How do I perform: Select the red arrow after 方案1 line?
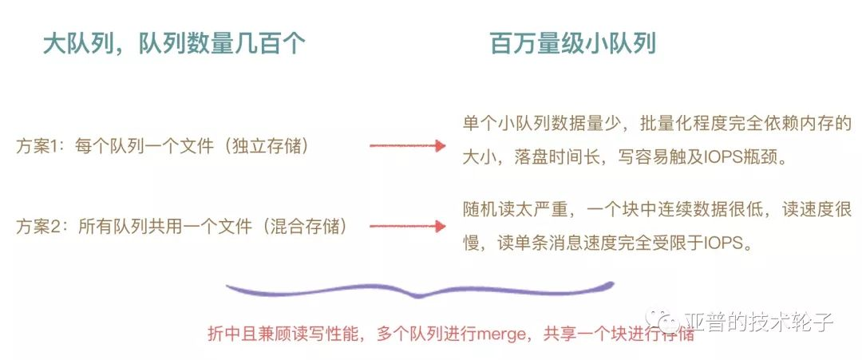[x=406, y=146]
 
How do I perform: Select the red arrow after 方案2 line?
[x=406, y=227]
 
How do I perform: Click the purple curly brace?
[x=418, y=288]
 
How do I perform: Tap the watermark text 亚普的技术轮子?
[x=759, y=322]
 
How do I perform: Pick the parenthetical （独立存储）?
[x=267, y=147]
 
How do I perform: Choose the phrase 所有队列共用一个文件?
[x=168, y=227]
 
